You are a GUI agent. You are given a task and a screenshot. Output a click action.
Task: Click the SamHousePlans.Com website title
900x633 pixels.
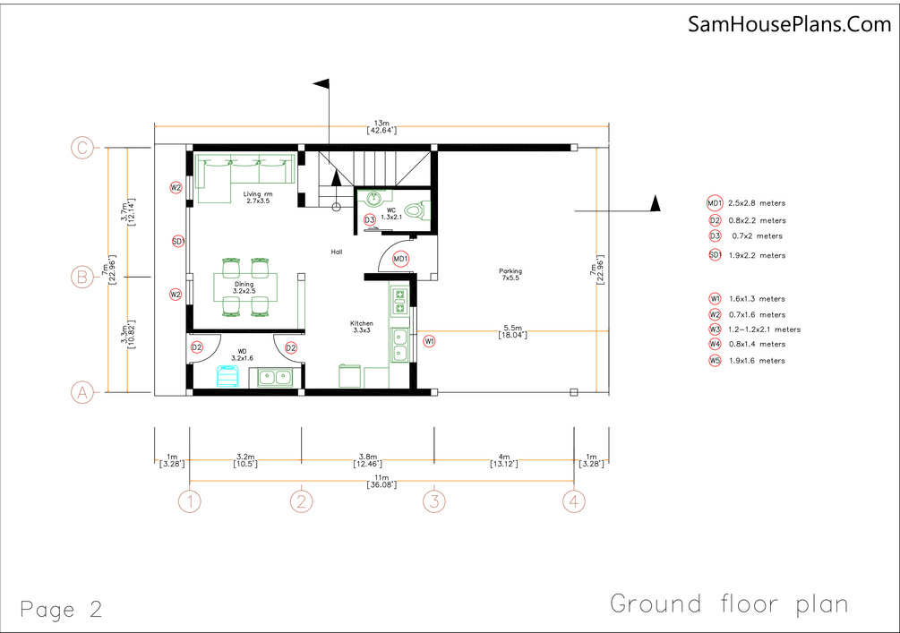tap(789, 25)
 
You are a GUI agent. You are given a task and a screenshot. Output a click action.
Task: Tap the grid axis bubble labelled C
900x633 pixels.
tap(82, 148)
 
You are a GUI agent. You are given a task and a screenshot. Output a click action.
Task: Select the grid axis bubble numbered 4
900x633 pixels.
tap(573, 501)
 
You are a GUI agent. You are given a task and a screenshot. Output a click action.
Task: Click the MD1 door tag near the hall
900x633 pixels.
tap(400, 259)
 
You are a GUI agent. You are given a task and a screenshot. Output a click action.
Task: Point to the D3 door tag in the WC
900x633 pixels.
tap(370, 219)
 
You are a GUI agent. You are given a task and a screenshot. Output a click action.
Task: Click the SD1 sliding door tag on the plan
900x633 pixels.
tap(178, 242)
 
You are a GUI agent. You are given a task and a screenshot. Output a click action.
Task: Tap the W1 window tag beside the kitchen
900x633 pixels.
tap(429, 341)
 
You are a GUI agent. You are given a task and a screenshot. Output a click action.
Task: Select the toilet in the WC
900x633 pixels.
tap(418, 210)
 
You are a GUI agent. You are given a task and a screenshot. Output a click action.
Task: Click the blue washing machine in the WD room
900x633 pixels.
tap(227, 376)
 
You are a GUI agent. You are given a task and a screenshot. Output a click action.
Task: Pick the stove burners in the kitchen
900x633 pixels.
tap(399, 302)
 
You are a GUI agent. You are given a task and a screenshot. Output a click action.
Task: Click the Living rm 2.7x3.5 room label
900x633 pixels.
tap(258, 197)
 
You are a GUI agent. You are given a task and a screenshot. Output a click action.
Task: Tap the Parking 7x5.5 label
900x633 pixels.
tap(510, 274)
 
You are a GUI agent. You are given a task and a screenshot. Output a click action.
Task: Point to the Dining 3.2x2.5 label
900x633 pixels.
tap(244, 287)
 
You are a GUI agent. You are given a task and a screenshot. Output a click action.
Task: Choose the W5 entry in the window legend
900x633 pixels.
tap(747, 361)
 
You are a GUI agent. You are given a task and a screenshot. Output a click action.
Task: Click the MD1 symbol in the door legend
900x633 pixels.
tap(715, 203)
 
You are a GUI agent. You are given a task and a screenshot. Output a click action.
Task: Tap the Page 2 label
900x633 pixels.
tap(62, 609)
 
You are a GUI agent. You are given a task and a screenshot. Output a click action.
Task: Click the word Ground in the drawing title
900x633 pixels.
tap(656, 603)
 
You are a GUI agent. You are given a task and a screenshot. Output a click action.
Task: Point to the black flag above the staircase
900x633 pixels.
tap(321, 84)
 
